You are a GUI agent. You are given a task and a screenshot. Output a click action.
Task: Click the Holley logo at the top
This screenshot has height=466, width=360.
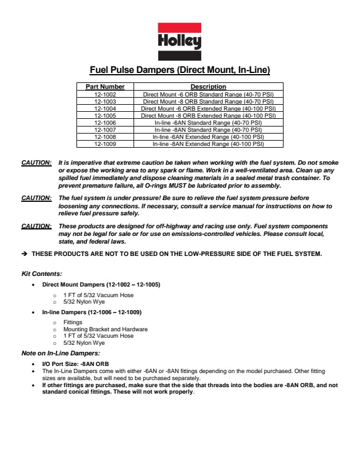[x=179, y=41]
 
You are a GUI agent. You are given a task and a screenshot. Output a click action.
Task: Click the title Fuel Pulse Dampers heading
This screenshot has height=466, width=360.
[x=179, y=71]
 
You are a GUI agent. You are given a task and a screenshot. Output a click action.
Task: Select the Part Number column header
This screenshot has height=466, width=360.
[x=105, y=86]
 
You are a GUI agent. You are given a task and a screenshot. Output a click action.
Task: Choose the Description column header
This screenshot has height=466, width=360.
[x=208, y=86]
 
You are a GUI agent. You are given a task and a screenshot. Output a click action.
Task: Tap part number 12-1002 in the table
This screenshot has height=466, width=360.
[x=105, y=94]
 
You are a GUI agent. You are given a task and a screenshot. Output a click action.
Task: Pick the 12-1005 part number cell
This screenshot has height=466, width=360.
[x=105, y=115]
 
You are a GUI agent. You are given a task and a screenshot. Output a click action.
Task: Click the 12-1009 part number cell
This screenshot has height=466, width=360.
[x=105, y=144]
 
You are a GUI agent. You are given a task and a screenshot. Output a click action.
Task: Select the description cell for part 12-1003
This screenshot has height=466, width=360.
[x=208, y=101]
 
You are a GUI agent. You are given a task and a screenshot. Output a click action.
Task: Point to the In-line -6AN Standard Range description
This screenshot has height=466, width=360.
[x=208, y=122]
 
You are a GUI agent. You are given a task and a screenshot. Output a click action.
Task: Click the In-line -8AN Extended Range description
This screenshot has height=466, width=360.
[x=208, y=144]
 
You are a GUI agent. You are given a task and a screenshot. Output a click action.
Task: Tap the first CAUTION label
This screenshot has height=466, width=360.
[x=36, y=161]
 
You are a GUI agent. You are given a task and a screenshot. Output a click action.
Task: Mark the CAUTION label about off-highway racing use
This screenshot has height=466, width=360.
[x=36, y=227]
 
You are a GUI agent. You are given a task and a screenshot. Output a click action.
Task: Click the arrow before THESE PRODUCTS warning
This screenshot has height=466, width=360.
[x=24, y=254]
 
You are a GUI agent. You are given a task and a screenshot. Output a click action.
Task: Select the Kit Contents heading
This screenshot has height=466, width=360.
[x=42, y=274]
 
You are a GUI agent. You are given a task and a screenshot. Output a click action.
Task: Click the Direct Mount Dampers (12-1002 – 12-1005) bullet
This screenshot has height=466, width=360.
[x=101, y=285]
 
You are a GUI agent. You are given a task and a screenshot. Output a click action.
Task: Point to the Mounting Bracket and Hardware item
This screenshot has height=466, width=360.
[x=105, y=329]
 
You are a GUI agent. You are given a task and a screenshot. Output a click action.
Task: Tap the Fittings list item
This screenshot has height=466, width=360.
[x=73, y=322]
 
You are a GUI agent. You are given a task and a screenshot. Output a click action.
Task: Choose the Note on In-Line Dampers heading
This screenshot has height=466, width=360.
[x=61, y=353]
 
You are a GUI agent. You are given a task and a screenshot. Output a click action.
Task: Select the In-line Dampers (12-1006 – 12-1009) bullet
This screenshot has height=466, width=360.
[x=92, y=312]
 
